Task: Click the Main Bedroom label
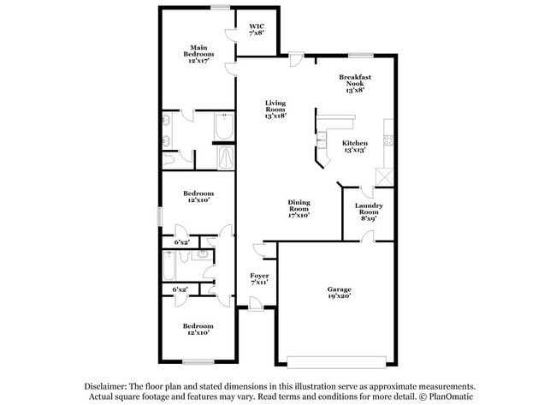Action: (198, 47)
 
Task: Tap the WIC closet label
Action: (256, 27)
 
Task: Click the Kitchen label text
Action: (354, 143)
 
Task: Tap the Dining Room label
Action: (299, 205)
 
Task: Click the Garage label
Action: (340, 289)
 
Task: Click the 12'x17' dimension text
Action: (198, 61)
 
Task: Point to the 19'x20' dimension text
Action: (340, 296)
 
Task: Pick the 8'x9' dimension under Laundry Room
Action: (368, 218)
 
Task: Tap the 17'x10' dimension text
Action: (299, 215)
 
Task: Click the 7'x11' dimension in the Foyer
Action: (259, 282)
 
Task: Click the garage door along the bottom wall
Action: (340, 357)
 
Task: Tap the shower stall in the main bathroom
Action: (224, 158)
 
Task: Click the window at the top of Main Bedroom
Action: (221, 9)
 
